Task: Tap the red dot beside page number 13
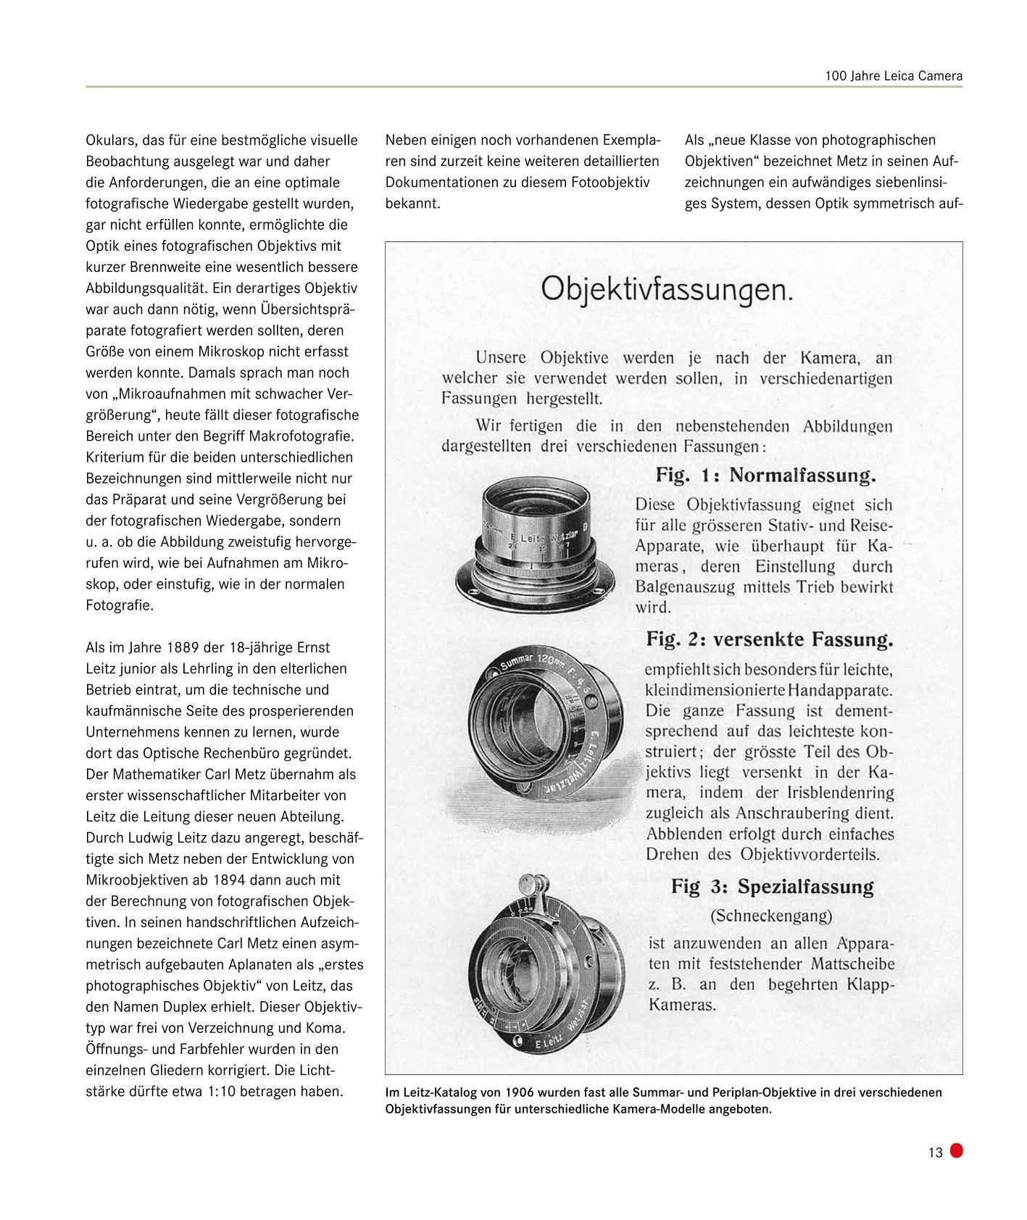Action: pos(956,1150)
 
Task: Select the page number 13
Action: pos(935,1153)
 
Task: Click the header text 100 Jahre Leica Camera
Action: pos(893,75)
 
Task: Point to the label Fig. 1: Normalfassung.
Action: pos(766,476)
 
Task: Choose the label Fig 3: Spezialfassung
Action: pos(772,886)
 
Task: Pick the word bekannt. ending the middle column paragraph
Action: pos(412,204)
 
